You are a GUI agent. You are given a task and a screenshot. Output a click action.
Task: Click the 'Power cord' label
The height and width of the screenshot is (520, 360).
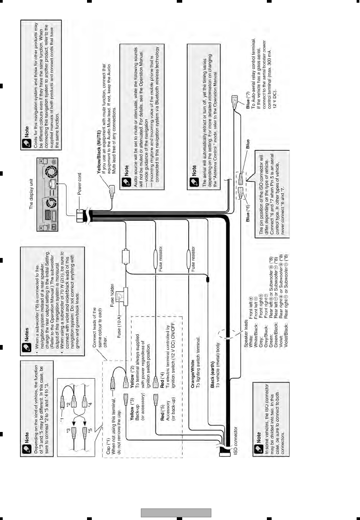click(80, 184)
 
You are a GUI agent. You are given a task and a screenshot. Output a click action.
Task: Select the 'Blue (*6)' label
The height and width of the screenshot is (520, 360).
click(248, 213)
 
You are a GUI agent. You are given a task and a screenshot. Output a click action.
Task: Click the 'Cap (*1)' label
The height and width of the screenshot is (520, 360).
click(108, 446)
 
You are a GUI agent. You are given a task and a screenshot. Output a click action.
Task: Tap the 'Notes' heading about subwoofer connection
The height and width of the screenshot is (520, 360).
click(26, 334)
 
